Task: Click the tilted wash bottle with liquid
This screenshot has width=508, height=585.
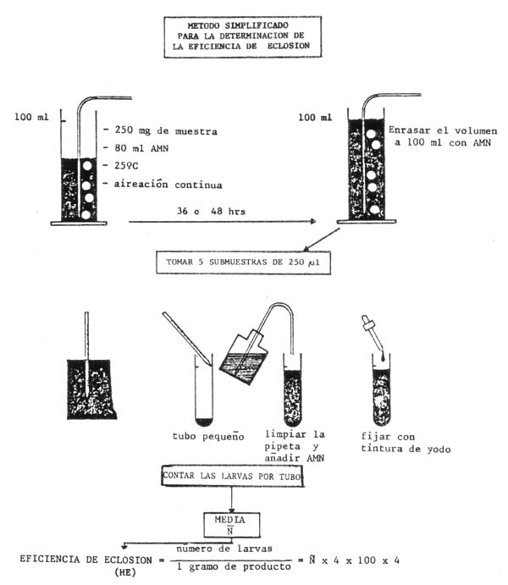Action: click(243, 350)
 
